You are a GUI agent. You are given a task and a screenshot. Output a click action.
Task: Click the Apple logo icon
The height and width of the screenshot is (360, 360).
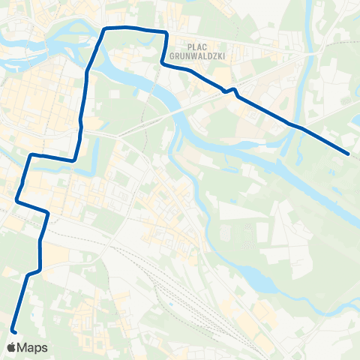tap(10, 347)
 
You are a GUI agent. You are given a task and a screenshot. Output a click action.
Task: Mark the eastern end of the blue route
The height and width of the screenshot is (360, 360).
tap(349, 154)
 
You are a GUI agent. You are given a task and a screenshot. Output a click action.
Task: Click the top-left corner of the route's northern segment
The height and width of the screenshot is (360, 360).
tap(104, 28)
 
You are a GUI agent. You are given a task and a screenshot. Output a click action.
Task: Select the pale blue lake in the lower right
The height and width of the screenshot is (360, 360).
tap(259, 281)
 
